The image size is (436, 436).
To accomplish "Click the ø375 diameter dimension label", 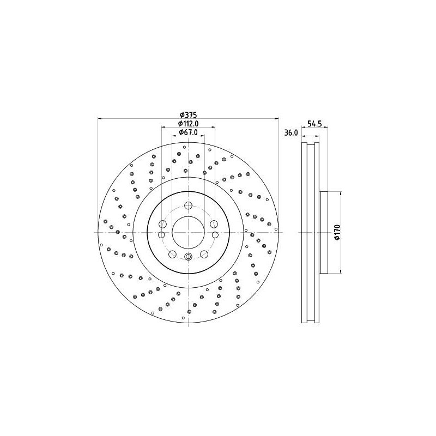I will [x=188, y=115].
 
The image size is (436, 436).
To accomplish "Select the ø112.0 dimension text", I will [x=188, y=124].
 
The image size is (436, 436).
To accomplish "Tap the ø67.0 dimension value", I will [x=188, y=133].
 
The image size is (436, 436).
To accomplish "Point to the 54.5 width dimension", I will [x=313, y=124].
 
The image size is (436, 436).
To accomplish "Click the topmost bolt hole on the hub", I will [x=188, y=205].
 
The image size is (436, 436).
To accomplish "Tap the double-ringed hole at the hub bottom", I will [x=188, y=258].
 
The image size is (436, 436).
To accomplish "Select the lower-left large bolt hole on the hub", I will [x=172, y=254].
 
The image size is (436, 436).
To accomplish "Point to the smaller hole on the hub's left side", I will [x=162, y=234].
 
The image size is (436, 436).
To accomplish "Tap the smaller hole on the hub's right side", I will [x=214, y=234].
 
